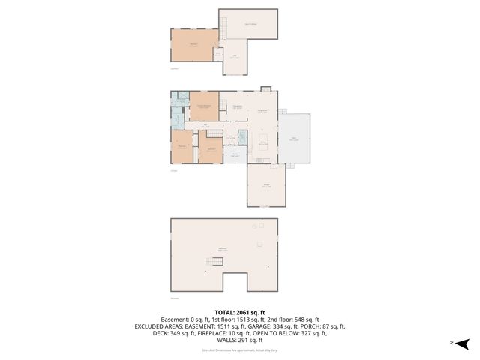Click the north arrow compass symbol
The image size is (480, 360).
(x=463, y=343)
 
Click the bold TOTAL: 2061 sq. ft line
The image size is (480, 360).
(x=240, y=312)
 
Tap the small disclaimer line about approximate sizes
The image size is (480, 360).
(x=240, y=350)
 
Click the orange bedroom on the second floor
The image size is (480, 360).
(x=193, y=46)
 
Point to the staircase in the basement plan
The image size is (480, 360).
(x=216, y=261)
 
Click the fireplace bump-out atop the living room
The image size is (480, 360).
(x=265, y=89)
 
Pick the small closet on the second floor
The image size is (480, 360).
(x=217, y=54)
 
